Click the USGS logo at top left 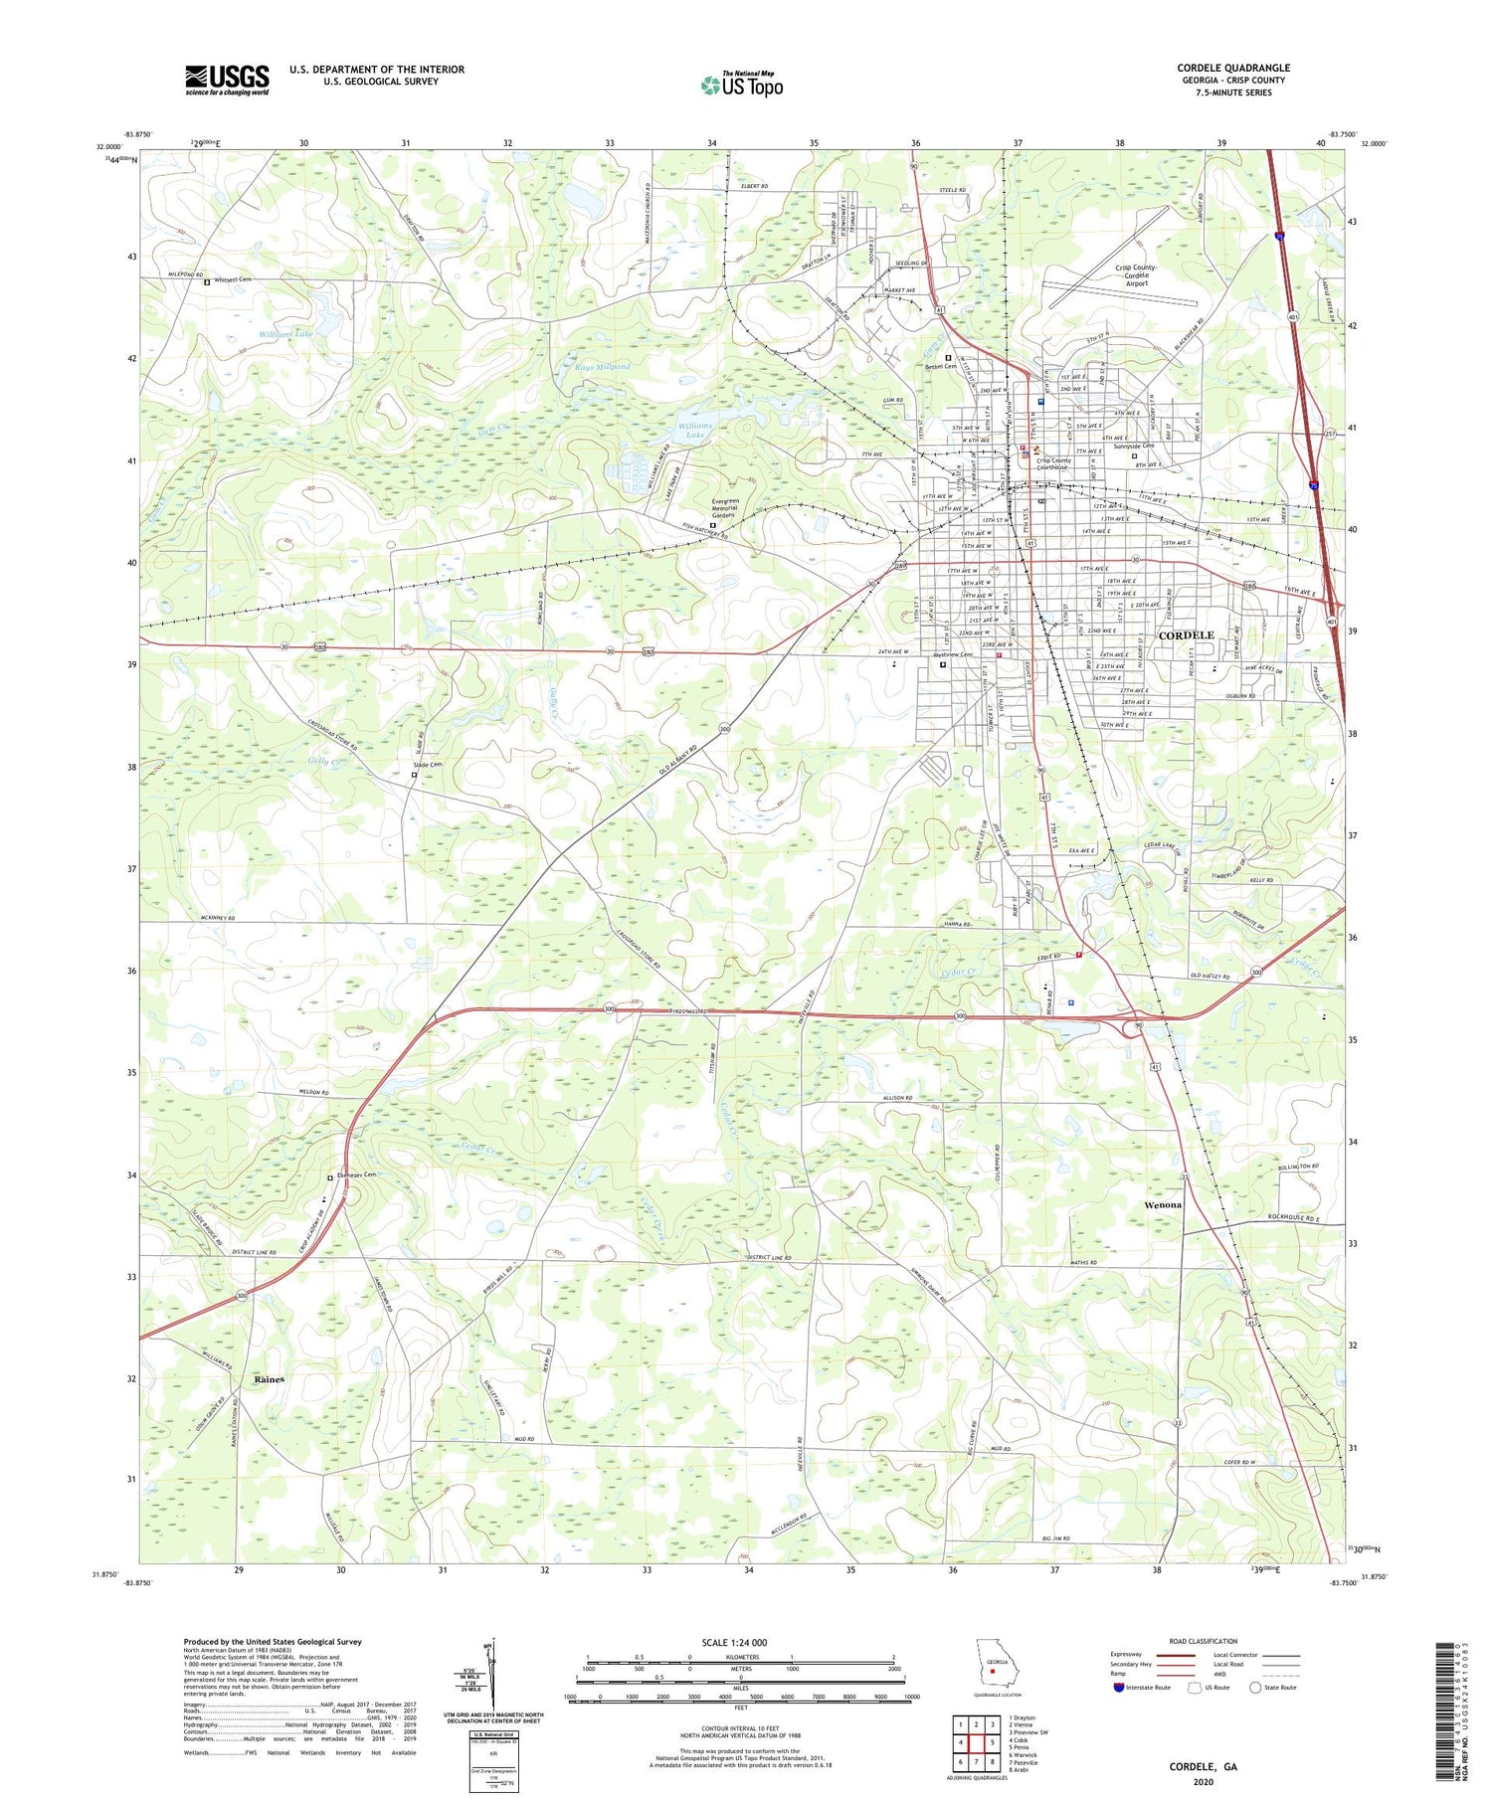tap(227, 81)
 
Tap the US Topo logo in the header tap(742, 86)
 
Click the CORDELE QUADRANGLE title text tap(1232, 68)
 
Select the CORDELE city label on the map tap(1186, 635)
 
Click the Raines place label tap(269, 1379)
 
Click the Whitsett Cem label tap(229, 280)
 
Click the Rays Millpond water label tap(603, 366)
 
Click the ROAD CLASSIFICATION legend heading tap(1204, 1641)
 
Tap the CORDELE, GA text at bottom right tap(1203, 1767)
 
